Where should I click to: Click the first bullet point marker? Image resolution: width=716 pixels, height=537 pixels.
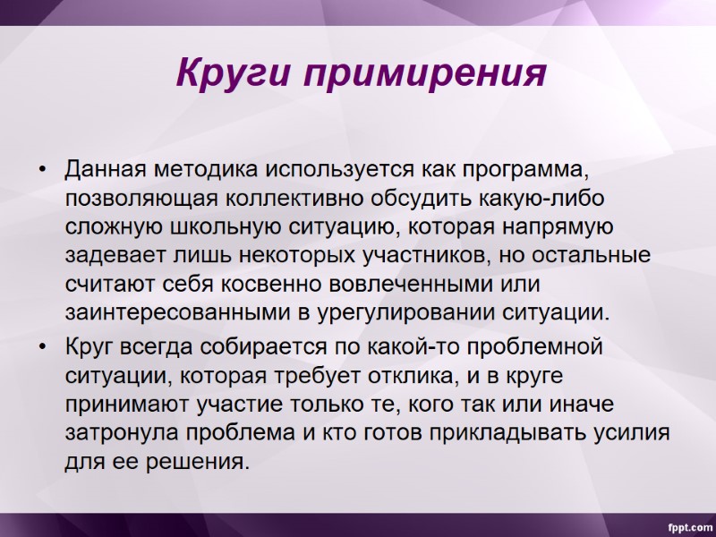[x=42, y=169]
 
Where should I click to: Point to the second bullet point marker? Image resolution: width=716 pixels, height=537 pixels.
[x=42, y=345]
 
